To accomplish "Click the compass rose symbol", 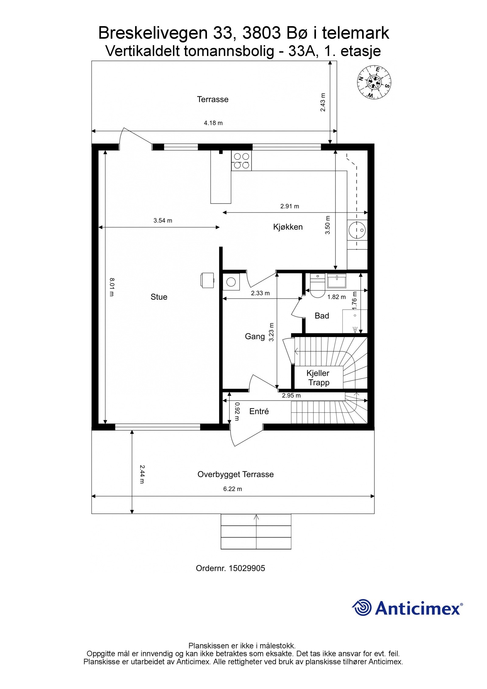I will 374,82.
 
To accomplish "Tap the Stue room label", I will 159,297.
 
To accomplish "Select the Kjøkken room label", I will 288,227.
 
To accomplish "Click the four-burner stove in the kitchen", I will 241,161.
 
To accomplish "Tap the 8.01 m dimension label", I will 111,287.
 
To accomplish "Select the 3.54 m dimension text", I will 163,220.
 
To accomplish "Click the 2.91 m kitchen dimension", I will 289,206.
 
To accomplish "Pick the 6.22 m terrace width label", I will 233,489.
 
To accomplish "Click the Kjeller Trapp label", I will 318,378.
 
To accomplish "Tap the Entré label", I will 259,411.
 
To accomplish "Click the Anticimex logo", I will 407,608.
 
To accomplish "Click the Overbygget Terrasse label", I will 235,474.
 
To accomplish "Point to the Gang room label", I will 255,336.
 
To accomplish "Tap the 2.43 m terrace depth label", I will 323,102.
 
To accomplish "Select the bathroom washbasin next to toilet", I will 337,280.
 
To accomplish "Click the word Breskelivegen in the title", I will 153,33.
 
